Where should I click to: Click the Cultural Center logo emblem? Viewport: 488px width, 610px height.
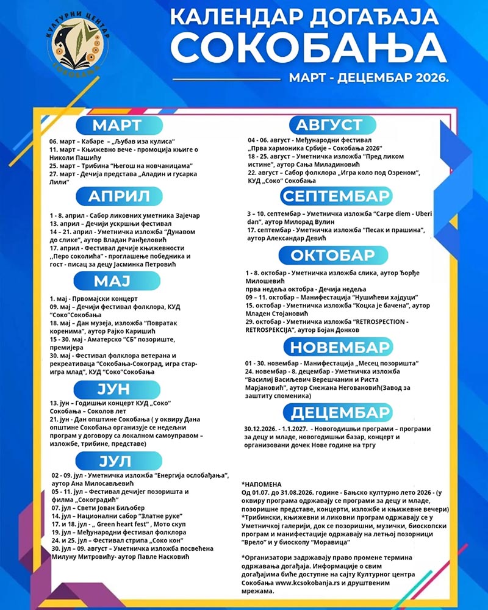(77, 41)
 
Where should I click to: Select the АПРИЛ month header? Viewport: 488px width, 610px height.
(118, 196)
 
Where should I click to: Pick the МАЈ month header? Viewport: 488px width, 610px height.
(117, 281)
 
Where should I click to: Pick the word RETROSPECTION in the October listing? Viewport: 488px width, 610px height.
(379, 321)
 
